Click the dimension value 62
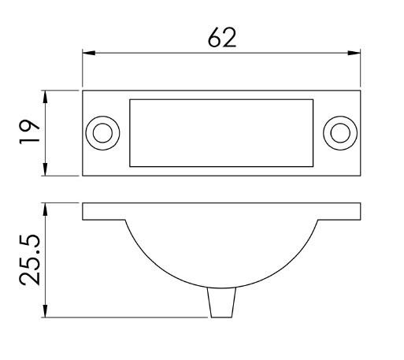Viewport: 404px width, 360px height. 221,38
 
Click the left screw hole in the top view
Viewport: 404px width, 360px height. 102,132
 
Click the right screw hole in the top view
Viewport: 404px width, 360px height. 340,132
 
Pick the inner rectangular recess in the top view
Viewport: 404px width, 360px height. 221,132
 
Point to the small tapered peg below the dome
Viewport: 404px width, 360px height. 221,303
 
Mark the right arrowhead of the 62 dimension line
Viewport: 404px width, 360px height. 356,54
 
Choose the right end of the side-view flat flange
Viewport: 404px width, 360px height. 359,211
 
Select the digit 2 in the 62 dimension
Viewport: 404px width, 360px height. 231,38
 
